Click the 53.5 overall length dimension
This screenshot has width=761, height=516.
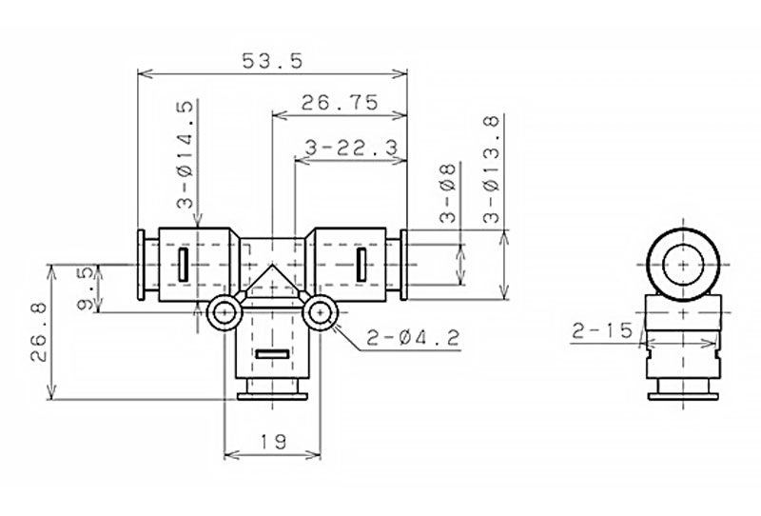[272, 61]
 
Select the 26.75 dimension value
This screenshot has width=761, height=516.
[340, 103]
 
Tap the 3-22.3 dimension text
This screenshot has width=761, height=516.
[352, 148]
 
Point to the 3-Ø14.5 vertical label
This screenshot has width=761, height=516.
[185, 154]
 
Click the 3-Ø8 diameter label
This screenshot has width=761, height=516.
[448, 193]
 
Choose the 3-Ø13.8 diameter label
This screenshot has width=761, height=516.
[491, 169]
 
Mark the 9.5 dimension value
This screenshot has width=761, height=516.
[86, 289]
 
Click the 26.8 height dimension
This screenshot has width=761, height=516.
[39, 332]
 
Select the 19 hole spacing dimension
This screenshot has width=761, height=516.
[273, 442]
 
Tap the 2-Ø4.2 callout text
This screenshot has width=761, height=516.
[413, 337]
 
